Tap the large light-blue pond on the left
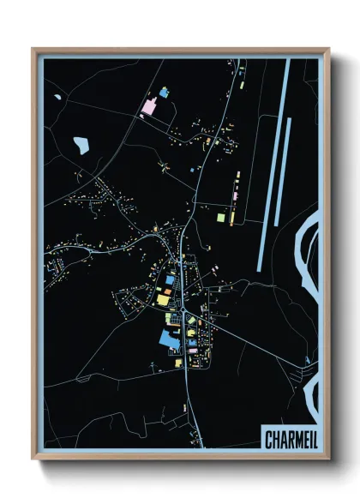click(81, 145)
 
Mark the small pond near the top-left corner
click(57, 96)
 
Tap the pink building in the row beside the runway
click(232, 196)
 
